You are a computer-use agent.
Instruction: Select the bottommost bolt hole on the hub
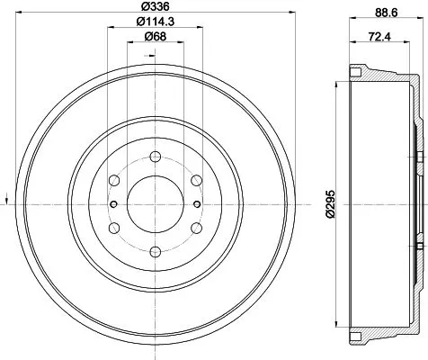155,251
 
